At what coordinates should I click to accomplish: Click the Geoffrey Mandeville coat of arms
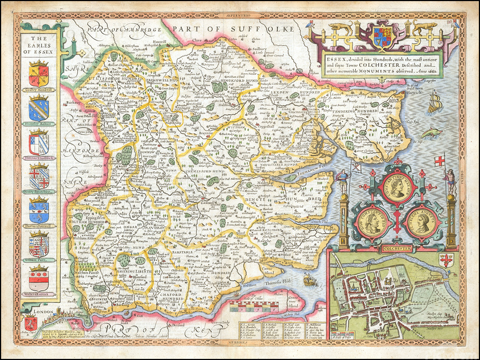click(x=38, y=73)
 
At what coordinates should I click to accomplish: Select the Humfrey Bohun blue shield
click(x=38, y=108)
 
